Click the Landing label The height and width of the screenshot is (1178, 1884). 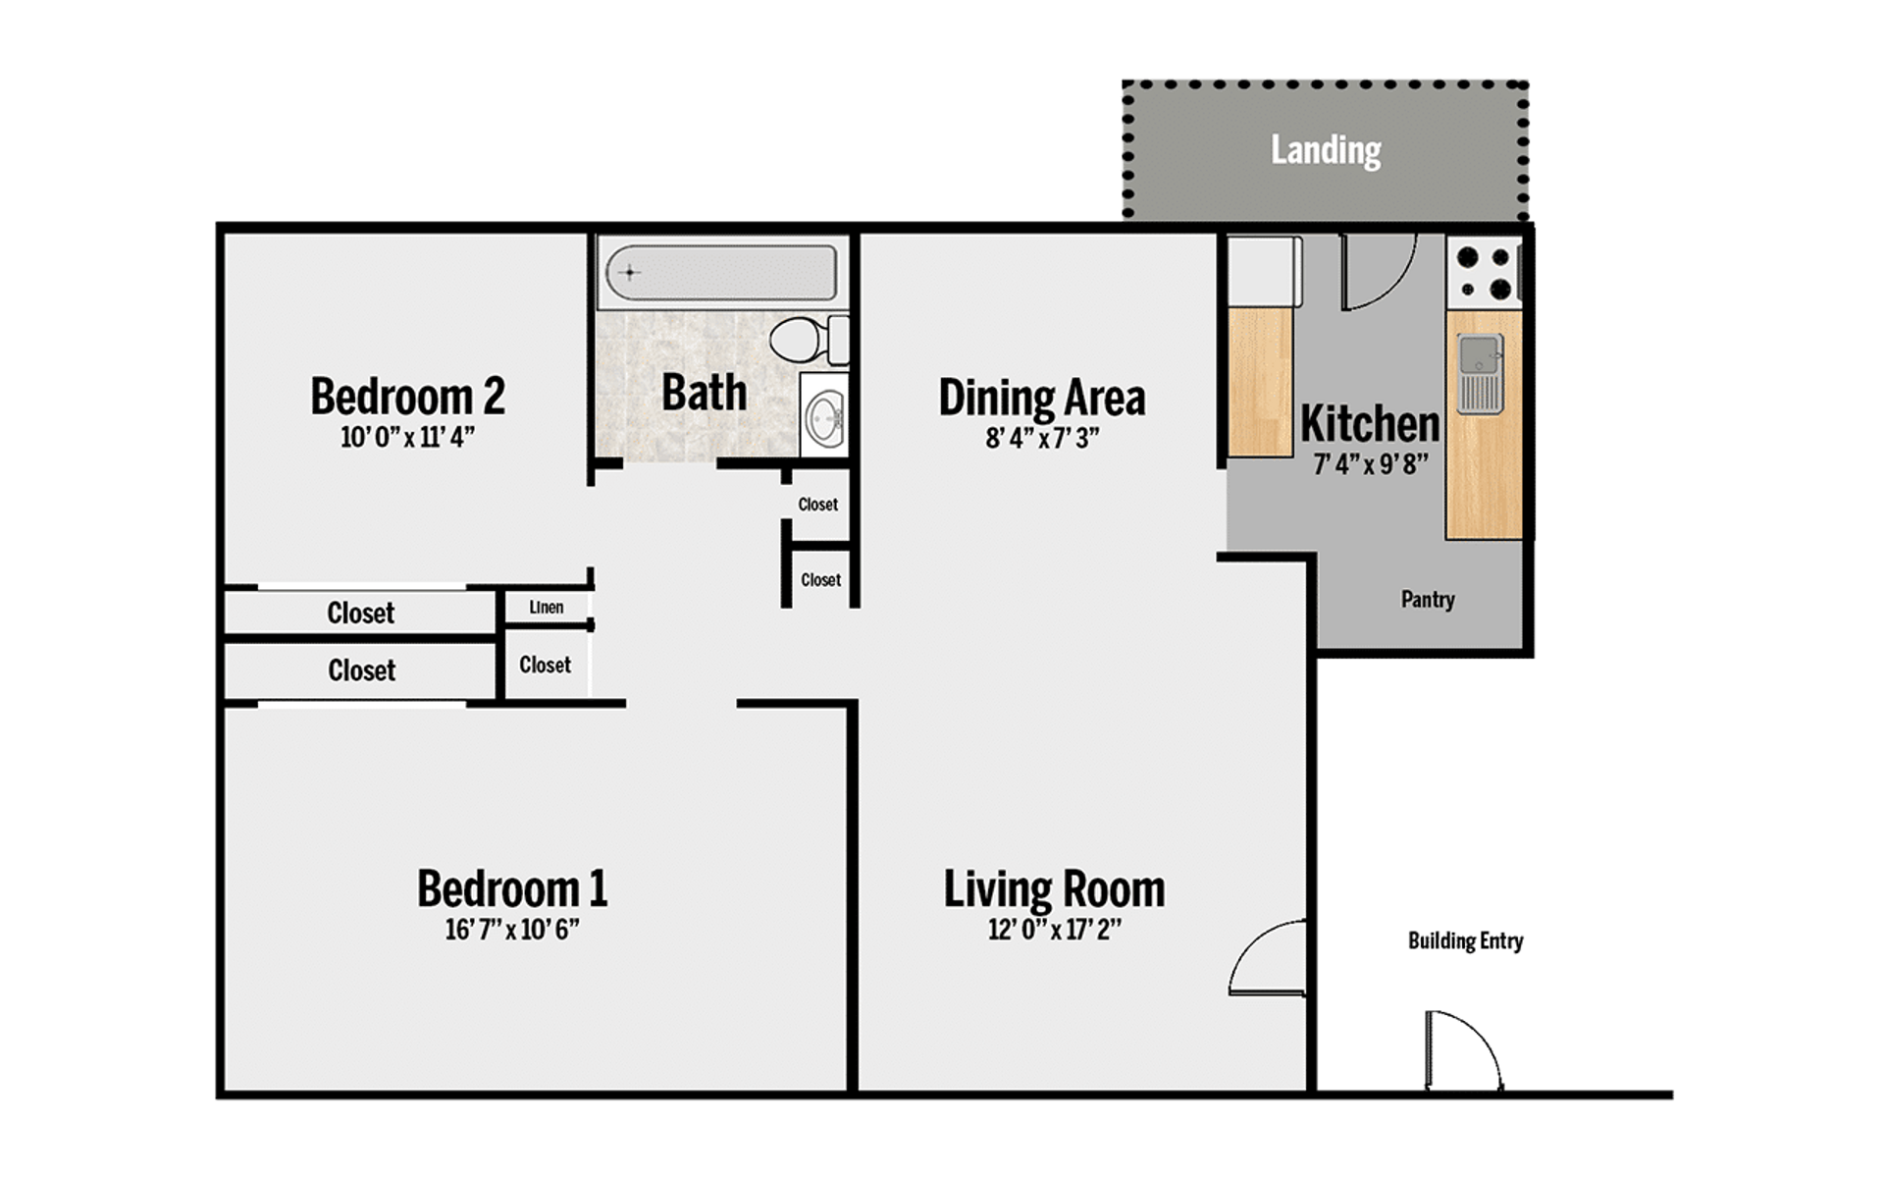pyautogui.click(x=1326, y=150)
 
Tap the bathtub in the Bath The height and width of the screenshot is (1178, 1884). pyautogui.click(x=721, y=272)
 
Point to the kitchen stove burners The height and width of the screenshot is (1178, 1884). pyautogui.click(x=1484, y=273)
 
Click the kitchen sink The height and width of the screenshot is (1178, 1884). pyautogui.click(x=1480, y=373)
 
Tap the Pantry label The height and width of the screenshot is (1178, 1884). pyautogui.click(x=1427, y=599)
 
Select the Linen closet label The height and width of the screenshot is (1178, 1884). pyautogui.click(x=547, y=608)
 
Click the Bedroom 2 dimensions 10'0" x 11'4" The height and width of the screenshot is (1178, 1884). pyautogui.click(x=407, y=437)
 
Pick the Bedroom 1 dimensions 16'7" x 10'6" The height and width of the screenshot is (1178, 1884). pyautogui.click(x=511, y=929)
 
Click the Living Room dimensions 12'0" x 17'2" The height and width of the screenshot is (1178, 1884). pyautogui.click(x=1054, y=929)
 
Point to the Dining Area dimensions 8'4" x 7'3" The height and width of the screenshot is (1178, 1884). pyautogui.click(x=1041, y=438)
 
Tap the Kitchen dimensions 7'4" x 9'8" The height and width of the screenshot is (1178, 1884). pyautogui.click(x=1370, y=463)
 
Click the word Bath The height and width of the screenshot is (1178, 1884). pyautogui.click(x=704, y=393)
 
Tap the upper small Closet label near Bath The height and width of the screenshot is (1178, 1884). pyautogui.click(x=817, y=505)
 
